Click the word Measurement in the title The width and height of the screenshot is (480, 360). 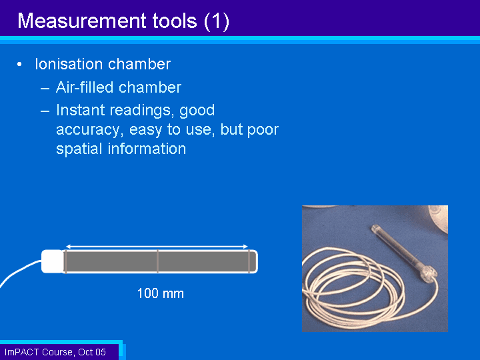[x=82, y=21]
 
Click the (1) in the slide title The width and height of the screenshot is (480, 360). [x=217, y=21]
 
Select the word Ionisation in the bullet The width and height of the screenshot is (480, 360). [x=69, y=64]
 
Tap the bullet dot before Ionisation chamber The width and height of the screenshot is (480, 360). [x=19, y=64]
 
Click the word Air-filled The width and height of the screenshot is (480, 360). [x=85, y=87]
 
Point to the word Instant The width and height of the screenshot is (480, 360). [x=81, y=110]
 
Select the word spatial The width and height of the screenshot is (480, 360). [x=79, y=149]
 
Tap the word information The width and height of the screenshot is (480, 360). [x=147, y=149]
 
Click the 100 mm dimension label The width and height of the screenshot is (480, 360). [x=161, y=293]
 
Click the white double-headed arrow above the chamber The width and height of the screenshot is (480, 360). [x=157, y=247]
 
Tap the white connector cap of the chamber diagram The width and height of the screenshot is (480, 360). [x=53, y=261]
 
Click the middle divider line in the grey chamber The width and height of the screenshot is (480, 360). [x=157, y=261]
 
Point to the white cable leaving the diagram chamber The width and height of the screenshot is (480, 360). [x=19, y=271]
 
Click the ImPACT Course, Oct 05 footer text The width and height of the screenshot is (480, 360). [x=55, y=352]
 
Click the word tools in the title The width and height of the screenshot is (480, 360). [x=175, y=21]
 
